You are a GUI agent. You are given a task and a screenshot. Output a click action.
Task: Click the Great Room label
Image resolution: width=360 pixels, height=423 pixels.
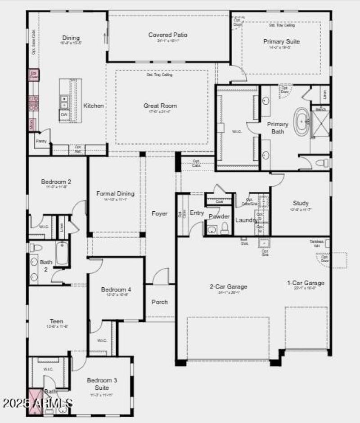click(160, 106)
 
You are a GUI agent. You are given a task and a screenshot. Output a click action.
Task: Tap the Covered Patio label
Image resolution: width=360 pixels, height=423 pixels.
click(168, 35)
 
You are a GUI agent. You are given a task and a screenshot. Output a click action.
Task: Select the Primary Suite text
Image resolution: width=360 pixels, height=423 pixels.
click(281, 41)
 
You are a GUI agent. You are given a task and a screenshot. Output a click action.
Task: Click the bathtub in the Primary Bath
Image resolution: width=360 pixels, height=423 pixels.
click(301, 121)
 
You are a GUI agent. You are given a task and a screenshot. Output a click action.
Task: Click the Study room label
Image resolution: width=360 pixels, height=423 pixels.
click(301, 203)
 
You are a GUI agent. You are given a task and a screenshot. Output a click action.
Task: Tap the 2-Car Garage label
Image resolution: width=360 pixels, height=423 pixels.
click(228, 286)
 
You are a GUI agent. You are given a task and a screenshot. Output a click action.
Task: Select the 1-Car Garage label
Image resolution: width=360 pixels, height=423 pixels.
click(306, 283)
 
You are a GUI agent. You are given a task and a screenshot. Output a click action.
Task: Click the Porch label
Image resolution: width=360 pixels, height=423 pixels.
click(159, 302)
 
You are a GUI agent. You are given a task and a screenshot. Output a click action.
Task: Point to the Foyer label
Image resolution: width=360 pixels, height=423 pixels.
click(159, 214)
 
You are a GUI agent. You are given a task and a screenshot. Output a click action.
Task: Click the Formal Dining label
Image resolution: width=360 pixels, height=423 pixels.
click(115, 193)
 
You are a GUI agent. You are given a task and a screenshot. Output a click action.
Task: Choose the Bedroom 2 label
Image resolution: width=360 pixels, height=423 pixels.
click(56, 182)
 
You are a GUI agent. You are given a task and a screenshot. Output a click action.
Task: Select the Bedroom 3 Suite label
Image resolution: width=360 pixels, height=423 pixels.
click(102, 383)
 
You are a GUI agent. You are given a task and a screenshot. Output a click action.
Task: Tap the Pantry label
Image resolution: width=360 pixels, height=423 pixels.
click(41, 141)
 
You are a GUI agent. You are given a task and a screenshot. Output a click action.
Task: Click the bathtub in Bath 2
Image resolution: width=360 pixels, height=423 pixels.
click(62, 254)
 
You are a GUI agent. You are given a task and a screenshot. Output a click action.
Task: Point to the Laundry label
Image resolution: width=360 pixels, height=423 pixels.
click(246, 220)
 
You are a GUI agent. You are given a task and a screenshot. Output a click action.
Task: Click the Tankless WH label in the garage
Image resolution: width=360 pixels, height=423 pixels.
click(316, 242)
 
